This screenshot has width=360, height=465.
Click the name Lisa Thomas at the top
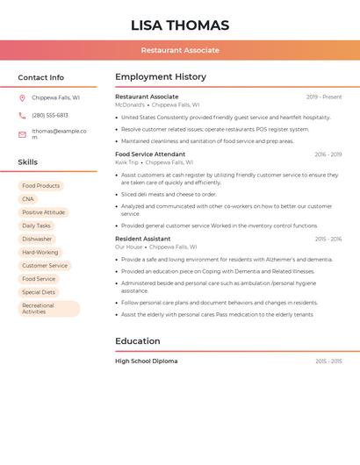coord(180,25)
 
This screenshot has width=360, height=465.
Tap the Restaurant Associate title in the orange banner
coord(180,50)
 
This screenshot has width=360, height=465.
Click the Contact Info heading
coord(41,77)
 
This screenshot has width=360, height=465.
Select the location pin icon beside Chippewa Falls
coord(22,98)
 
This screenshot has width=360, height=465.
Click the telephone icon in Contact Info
coord(22,116)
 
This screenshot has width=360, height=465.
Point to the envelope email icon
coord(22,134)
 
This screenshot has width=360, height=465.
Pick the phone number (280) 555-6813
coord(50,116)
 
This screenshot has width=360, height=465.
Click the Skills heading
coord(28,162)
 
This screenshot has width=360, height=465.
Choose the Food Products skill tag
coord(41,186)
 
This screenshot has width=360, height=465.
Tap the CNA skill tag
coord(28,199)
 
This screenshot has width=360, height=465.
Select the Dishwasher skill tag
coord(37,239)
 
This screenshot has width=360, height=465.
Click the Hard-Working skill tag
coord(40,253)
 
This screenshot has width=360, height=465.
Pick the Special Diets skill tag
coord(39,292)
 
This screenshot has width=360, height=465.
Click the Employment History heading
coord(161,77)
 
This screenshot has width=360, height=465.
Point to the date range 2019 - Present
coord(324,97)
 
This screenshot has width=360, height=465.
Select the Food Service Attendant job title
coord(150,154)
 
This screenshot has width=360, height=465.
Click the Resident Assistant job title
coord(143,239)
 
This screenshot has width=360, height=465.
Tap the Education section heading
coord(138,341)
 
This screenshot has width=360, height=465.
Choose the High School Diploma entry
coord(147,361)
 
